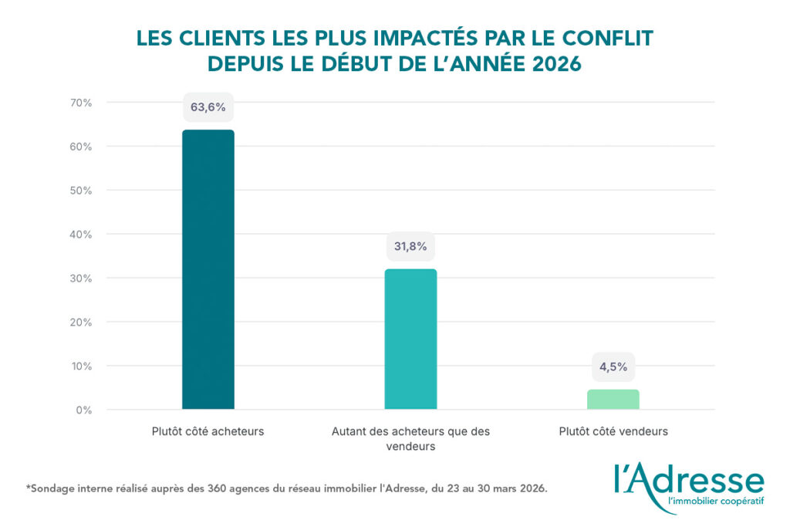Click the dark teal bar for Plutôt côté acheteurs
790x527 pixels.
208,269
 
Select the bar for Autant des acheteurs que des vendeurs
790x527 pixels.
410,339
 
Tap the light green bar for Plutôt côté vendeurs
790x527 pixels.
613,399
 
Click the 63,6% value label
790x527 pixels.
208,107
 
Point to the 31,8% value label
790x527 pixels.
410,247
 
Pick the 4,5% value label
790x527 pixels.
613,367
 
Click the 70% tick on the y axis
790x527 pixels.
81,103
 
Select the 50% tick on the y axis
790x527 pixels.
81,191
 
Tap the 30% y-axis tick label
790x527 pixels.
81,278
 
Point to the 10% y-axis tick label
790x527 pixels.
81,366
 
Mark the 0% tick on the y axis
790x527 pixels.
84,410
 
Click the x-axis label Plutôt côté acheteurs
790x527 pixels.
208,431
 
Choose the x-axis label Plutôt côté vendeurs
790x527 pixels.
613,431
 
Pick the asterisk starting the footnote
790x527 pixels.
29,487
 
